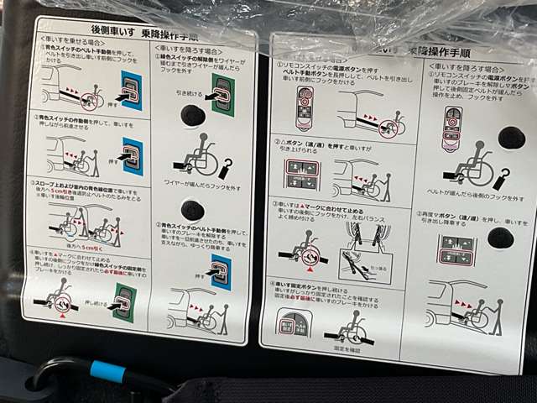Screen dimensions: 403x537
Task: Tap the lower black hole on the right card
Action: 501,238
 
